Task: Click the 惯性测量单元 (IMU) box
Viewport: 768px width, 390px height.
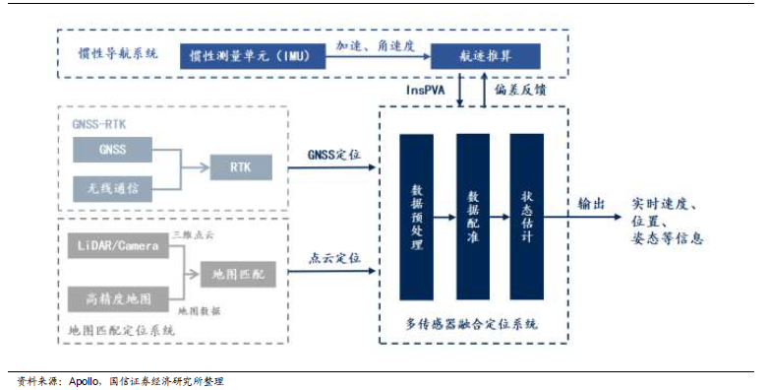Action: (252, 55)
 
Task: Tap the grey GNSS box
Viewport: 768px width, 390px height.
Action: (112, 150)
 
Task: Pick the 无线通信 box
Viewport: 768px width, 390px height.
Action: (112, 186)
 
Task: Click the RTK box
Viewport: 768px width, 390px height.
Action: (239, 167)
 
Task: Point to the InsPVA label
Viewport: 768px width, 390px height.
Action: (426, 90)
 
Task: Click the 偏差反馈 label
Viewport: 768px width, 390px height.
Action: (519, 90)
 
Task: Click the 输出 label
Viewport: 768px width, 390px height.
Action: (591, 204)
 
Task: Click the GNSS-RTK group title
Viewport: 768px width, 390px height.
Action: (99, 125)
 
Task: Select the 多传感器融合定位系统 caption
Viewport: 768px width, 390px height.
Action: (471, 323)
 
